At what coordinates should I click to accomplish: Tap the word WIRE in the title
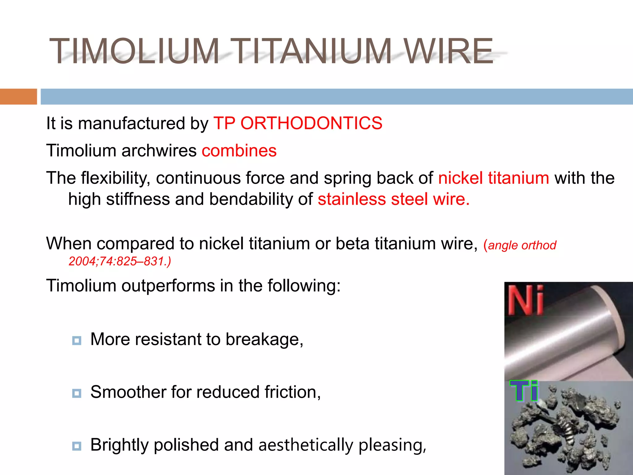(448, 51)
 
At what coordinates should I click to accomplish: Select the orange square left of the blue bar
(18, 96)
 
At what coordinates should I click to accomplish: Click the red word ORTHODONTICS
(311, 123)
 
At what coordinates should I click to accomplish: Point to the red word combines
(239, 151)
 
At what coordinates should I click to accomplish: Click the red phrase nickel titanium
(494, 178)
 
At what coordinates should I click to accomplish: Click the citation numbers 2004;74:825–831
(119, 261)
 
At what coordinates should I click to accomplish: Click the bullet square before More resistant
(77, 340)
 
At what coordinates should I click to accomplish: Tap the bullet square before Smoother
(77, 393)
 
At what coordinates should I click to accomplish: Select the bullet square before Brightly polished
(77, 446)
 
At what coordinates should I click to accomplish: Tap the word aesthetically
(306, 445)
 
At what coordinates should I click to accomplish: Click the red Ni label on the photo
(525, 300)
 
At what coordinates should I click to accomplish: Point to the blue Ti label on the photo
(524, 391)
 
